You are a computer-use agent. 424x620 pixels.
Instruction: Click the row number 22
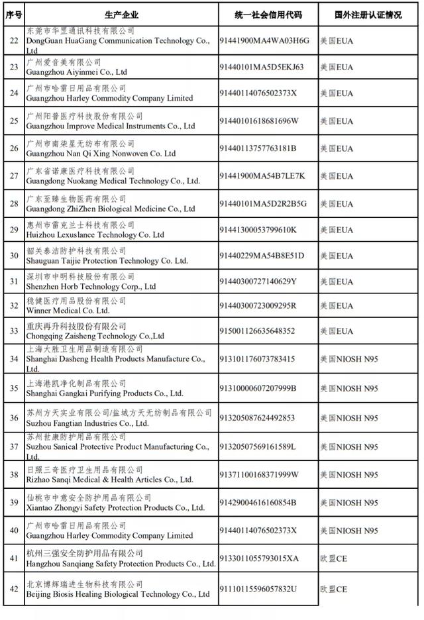13,40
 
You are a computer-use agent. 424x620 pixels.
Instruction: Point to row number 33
13,331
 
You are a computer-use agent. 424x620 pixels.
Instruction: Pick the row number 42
13,590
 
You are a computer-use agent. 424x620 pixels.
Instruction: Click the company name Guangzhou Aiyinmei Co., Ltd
76,72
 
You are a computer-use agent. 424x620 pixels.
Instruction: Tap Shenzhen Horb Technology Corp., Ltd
91,287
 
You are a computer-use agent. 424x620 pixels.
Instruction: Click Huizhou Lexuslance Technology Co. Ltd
95,234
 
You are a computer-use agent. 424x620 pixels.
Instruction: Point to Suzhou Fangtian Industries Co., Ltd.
87,423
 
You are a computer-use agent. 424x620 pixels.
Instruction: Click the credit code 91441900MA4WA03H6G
264,40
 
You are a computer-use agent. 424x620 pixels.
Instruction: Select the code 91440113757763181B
258,148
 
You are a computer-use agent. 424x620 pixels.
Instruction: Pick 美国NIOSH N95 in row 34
349,359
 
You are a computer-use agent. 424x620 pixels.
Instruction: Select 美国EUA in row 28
337,204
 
